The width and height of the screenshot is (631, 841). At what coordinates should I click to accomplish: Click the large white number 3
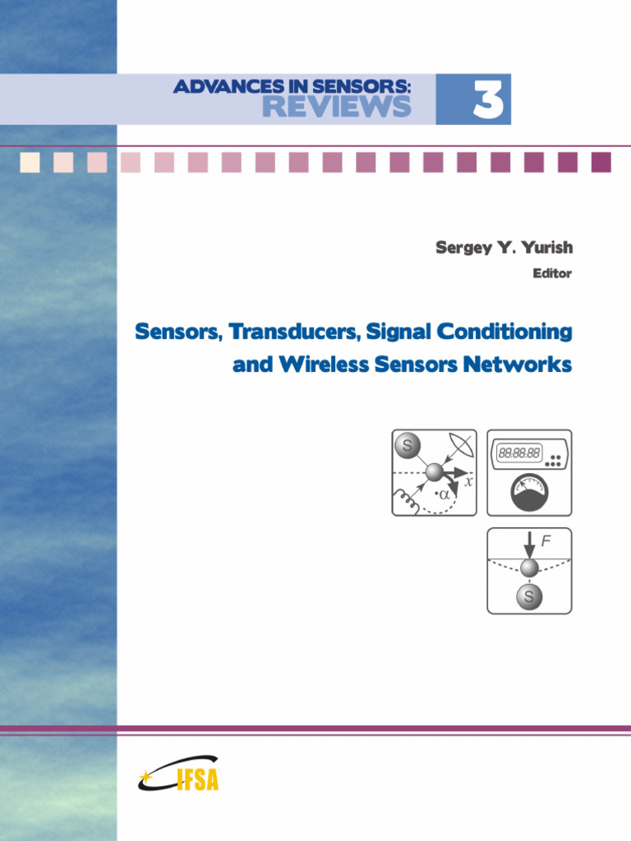point(487,100)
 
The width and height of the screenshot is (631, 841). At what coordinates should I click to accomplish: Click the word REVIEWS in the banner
point(336,107)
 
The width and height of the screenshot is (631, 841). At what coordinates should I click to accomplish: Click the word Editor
point(552,274)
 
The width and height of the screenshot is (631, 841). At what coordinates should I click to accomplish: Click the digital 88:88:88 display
point(519,453)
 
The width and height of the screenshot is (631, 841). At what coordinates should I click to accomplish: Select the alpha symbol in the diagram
point(444,495)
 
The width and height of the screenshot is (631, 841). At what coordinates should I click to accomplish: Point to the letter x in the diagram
point(468,483)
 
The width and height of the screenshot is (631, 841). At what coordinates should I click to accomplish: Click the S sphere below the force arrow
point(528,597)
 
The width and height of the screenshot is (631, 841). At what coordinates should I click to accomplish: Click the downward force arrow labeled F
point(529,543)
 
